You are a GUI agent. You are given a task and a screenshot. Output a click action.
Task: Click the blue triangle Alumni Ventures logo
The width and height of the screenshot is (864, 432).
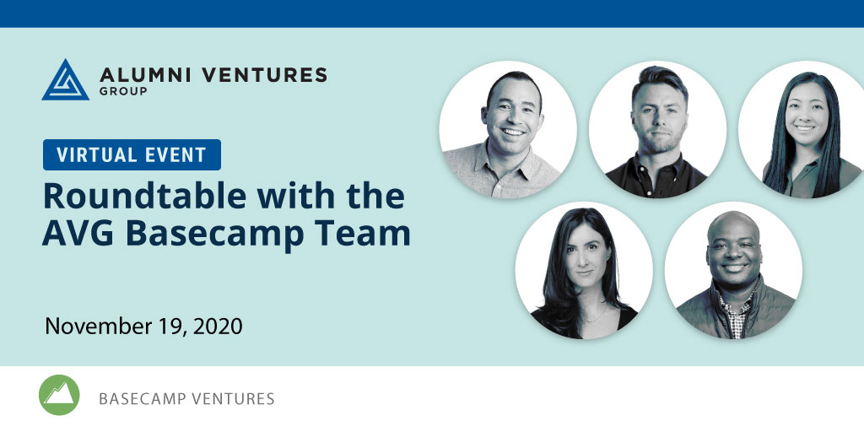pos(65,80)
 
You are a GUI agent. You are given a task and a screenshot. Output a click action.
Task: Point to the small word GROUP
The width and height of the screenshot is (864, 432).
pos(123,91)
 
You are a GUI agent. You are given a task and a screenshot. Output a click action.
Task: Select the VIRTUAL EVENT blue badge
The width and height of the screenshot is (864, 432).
pos(132,155)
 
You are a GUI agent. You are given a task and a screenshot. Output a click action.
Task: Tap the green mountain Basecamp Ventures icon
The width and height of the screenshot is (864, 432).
pos(59,395)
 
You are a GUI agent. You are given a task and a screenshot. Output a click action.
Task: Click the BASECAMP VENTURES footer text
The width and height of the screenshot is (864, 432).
pos(186,398)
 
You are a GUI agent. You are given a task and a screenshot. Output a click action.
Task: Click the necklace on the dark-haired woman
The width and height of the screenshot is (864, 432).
pos(595,316)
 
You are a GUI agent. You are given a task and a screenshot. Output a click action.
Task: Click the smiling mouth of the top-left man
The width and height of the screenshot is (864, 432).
pos(513,132)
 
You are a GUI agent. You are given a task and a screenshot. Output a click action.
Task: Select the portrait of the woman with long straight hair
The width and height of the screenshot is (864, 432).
pos(802,129)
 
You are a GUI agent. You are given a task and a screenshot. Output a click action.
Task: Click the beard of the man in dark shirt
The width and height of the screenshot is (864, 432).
pos(660,141)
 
